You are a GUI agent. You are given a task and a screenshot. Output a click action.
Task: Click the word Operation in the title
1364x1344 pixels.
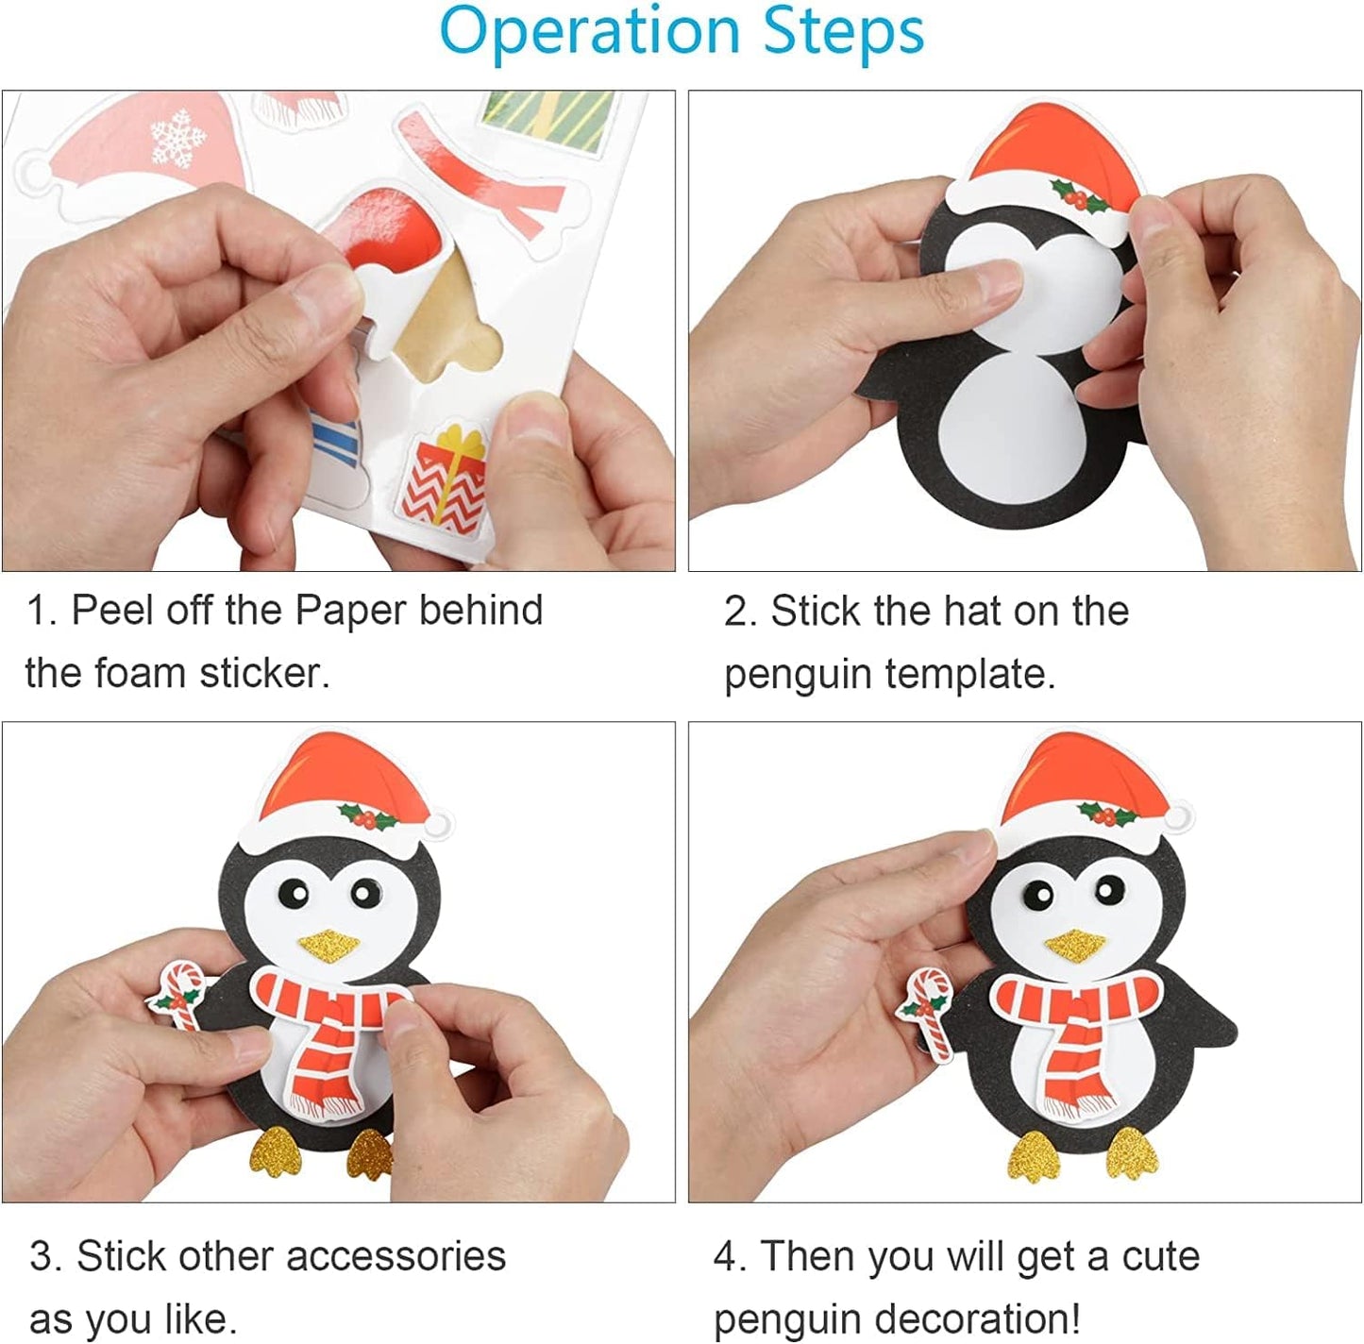coord(589,34)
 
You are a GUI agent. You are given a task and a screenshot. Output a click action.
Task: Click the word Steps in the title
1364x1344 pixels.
coord(843,32)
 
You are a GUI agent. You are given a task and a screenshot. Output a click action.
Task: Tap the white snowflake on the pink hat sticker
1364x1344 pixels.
coord(177,138)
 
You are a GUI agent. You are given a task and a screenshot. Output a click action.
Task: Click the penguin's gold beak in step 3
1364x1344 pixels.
coord(330,944)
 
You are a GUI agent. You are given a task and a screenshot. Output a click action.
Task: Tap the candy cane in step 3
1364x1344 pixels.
coord(179,995)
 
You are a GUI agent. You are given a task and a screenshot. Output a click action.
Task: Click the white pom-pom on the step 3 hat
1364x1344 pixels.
coord(438,823)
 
